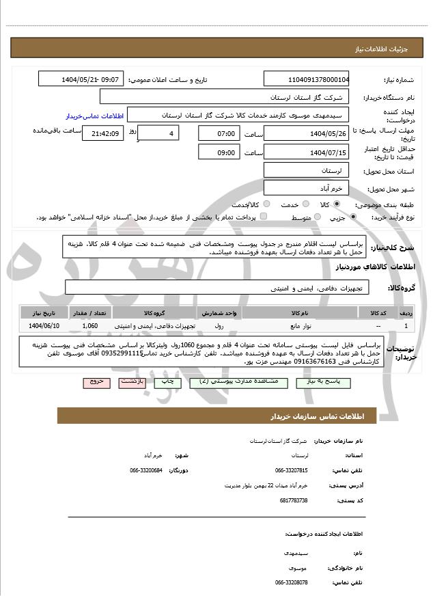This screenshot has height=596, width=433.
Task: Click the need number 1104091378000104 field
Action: (306, 79)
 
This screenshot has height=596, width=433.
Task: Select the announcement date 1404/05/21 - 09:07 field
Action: (81, 79)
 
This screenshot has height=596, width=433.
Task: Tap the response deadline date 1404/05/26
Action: (306, 133)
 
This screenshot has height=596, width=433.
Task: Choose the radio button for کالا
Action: (337, 204)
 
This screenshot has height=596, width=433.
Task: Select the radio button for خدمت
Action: (305, 204)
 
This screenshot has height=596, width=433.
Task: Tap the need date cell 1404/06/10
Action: (44, 326)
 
